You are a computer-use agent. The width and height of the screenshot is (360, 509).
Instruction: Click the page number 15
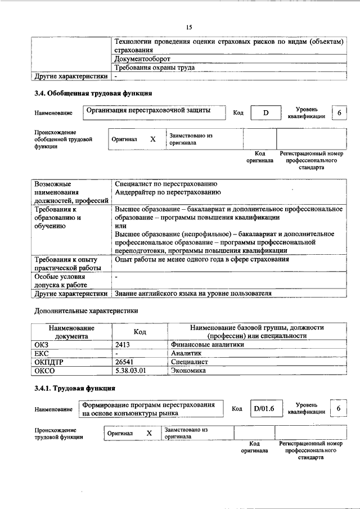189,27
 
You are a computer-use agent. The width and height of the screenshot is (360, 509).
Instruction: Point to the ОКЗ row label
43,345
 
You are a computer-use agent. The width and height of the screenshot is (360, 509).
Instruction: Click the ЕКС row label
42,354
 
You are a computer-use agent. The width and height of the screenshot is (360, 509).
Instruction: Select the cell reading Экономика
189,371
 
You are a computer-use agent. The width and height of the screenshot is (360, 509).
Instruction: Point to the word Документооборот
142,58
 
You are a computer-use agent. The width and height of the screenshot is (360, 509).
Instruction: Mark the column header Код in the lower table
139,332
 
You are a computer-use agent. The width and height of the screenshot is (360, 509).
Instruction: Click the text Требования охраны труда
155,67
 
